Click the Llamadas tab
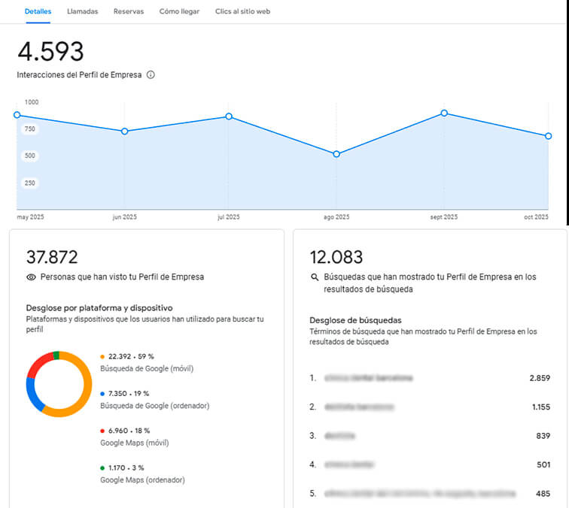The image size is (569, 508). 82,12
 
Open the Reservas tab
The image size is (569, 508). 128,12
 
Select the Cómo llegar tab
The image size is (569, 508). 180,12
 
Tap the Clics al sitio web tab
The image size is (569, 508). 242,12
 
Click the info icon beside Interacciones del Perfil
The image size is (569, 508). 151,75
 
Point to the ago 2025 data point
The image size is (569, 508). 336,154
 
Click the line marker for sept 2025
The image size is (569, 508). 444,113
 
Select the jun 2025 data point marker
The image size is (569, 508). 124,132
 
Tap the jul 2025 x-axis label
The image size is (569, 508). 228,217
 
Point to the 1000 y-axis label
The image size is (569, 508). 32,102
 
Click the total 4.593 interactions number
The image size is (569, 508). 50,52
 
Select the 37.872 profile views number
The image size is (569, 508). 52,257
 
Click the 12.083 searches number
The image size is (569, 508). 336,257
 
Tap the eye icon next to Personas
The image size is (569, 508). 31,277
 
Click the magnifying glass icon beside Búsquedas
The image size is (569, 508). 315,277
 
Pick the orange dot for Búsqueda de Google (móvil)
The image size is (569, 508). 102,357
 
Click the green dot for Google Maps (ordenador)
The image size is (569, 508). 102,468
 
